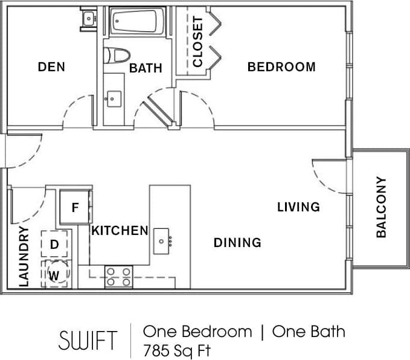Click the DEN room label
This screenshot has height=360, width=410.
(x=51, y=67)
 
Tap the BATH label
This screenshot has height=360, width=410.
(x=146, y=68)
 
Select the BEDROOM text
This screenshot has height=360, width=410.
(x=281, y=67)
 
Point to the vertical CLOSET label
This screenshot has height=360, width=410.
(x=198, y=42)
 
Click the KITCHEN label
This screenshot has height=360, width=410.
(x=120, y=230)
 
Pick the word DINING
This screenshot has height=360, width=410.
(x=237, y=243)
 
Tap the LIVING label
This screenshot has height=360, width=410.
(x=298, y=207)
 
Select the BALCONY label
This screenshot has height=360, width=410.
(x=381, y=207)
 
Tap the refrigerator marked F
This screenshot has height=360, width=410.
(x=75, y=207)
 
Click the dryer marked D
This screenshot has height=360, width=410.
(x=54, y=245)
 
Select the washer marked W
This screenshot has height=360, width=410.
(x=55, y=274)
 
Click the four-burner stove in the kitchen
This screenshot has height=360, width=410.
(x=118, y=277)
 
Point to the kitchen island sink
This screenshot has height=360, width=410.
(x=162, y=241)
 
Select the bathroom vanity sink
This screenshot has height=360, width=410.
(x=113, y=97)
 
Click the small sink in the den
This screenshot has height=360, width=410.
(x=89, y=19)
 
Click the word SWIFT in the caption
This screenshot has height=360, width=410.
(x=88, y=339)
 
